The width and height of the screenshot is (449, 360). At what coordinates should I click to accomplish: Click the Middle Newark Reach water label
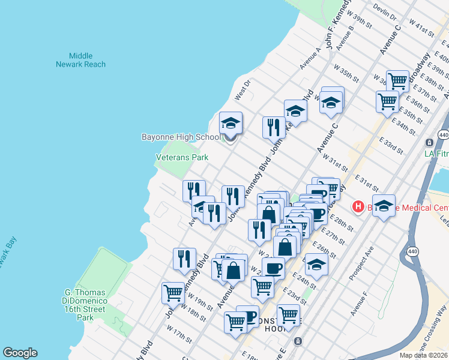(81, 60)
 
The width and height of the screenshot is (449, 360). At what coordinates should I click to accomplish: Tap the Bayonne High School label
(181, 137)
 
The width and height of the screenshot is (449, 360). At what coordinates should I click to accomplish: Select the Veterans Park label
(182, 157)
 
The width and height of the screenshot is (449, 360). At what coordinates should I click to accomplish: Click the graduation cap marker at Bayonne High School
(231, 124)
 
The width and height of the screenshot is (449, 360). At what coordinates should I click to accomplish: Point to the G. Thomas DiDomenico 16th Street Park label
(85, 305)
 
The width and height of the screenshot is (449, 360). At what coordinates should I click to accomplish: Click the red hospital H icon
(358, 207)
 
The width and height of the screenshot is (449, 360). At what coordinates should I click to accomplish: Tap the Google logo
(20, 353)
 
